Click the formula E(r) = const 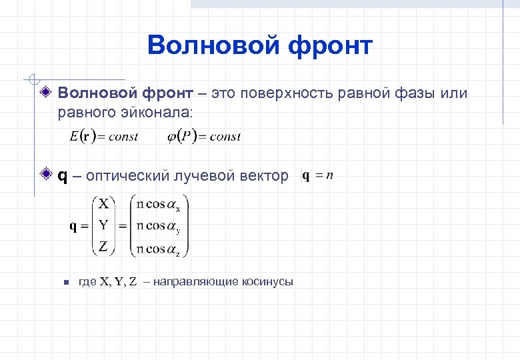pyautogui.click(x=104, y=137)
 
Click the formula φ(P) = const pyautogui.click(x=203, y=137)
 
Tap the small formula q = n pyautogui.click(x=317, y=175)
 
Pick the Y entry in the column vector pyautogui.click(x=103, y=225)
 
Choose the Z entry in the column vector pyautogui.click(x=103, y=247)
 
